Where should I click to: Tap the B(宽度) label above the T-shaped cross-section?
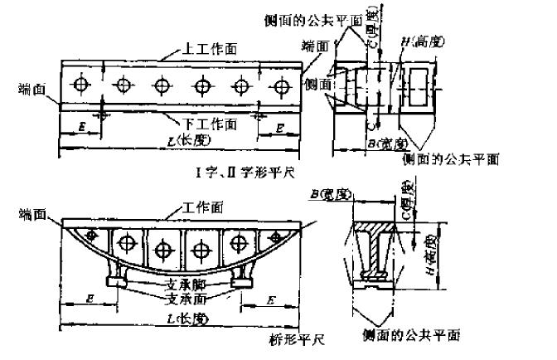pos(329,196)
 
